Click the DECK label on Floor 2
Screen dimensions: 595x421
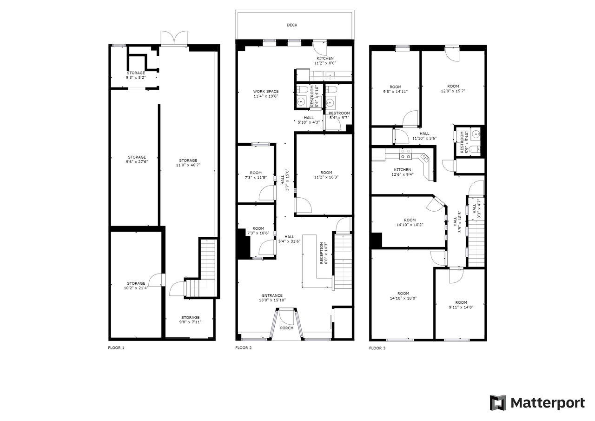pyautogui.click(x=292, y=25)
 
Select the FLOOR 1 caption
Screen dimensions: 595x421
pyautogui.click(x=116, y=347)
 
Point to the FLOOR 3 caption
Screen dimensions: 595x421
pyautogui.click(x=377, y=348)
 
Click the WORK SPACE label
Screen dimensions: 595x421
pyautogui.click(x=266, y=92)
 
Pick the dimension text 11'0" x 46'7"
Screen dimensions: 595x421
pyautogui.click(x=188, y=165)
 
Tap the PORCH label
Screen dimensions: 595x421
pyautogui.click(x=287, y=328)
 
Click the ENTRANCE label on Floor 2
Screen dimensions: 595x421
pyautogui.click(x=272, y=295)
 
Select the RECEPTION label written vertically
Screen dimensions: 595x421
pyautogui.click(x=321, y=253)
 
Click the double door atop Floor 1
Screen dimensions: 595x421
pyautogui.click(x=174, y=38)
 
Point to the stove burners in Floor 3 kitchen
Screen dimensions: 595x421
pyautogui.click(x=406, y=154)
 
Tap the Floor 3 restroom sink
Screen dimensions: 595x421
pyautogui.click(x=476, y=134)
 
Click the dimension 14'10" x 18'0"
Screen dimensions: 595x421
pyautogui.click(x=403, y=298)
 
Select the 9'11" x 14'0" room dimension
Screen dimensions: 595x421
pyautogui.click(x=461, y=307)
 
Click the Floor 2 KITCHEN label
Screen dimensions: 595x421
pyautogui.click(x=325, y=58)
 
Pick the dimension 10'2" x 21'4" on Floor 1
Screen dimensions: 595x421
pyautogui.click(x=136, y=288)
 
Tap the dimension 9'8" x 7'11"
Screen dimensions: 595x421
pyautogui.click(x=190, y=322)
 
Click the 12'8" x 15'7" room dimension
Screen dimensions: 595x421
pyautogui.click(x=453, y=91)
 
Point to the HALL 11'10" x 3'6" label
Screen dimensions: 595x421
pyautogui.click(x=424, y=136)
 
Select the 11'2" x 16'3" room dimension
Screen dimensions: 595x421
pyautogui.click(x=326, y=177)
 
